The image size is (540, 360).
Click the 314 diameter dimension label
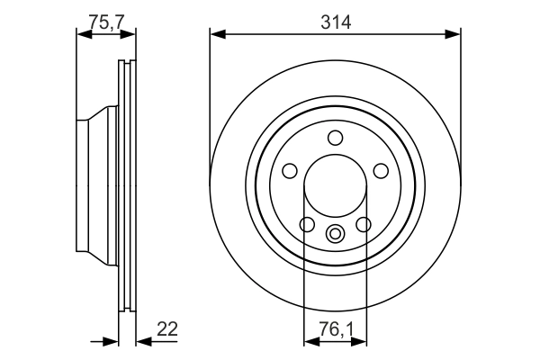[335, 21]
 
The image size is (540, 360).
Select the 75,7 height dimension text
[107, 21]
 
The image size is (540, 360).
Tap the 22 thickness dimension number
[166, 329]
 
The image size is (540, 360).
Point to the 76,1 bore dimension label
[335, 330]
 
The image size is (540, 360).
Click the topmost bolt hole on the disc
[336, 138]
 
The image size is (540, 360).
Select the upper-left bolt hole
[291, 171]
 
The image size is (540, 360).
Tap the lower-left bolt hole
[307, 224]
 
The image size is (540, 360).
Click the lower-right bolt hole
[364, 224]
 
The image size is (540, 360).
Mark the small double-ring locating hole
[336, 235]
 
